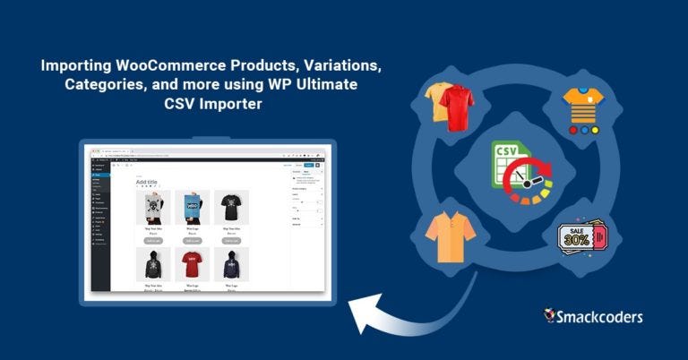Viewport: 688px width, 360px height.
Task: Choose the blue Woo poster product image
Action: tap(192, 206)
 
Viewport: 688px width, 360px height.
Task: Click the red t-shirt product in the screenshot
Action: tap(192, 263)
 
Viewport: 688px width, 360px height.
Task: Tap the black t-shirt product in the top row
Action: tap(231, 206)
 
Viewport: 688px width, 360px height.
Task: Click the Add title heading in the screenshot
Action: tap(148, 182)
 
